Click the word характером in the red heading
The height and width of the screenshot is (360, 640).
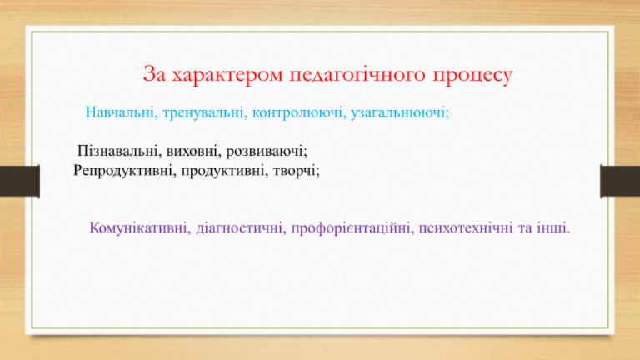[227, 75]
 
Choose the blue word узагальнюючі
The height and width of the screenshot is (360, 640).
[400, 112]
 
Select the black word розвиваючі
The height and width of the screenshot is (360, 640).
[267, 152]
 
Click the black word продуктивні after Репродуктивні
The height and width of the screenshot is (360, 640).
[225, 171]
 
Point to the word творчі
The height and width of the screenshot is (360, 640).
[297, 171]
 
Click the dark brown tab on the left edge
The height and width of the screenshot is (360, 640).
[20, 181]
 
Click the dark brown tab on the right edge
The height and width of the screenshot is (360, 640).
[620, 181]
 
